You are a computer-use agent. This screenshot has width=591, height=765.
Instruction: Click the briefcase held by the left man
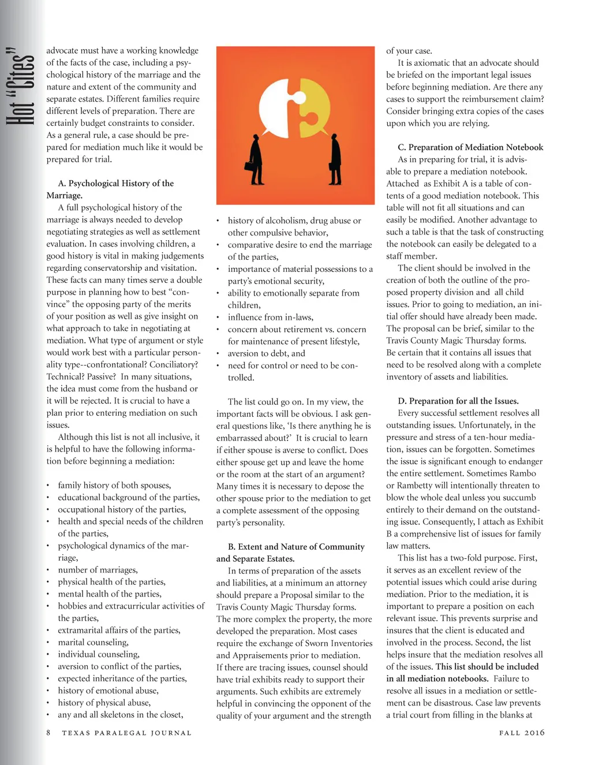coord(250,166)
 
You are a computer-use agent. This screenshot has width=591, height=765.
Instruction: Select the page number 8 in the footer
coord(48,733)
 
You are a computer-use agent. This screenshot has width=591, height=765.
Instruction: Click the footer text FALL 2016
coord(522,733)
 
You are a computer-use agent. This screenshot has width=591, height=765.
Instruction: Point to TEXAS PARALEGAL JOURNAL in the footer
coord(126,733)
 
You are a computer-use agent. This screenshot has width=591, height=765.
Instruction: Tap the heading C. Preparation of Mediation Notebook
coord(470,147)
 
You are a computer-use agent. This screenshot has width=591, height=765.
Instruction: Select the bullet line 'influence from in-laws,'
coord(270,317)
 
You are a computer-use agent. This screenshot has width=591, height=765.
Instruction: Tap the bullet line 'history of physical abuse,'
coord(104,703)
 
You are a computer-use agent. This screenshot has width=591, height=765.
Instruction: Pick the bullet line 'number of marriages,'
coord(98,570)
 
